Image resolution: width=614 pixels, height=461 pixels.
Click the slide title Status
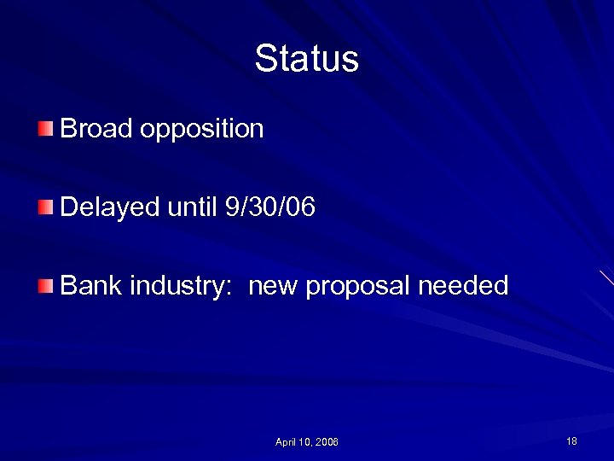point(306,59)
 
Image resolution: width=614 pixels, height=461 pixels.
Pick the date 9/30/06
point(268,207)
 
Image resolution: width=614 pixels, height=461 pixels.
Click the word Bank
point(91,285)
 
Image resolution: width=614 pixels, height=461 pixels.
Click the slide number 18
point(571,441)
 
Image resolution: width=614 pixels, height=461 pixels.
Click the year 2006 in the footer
point(327,442)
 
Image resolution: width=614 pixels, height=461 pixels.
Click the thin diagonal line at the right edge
point(605,277)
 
